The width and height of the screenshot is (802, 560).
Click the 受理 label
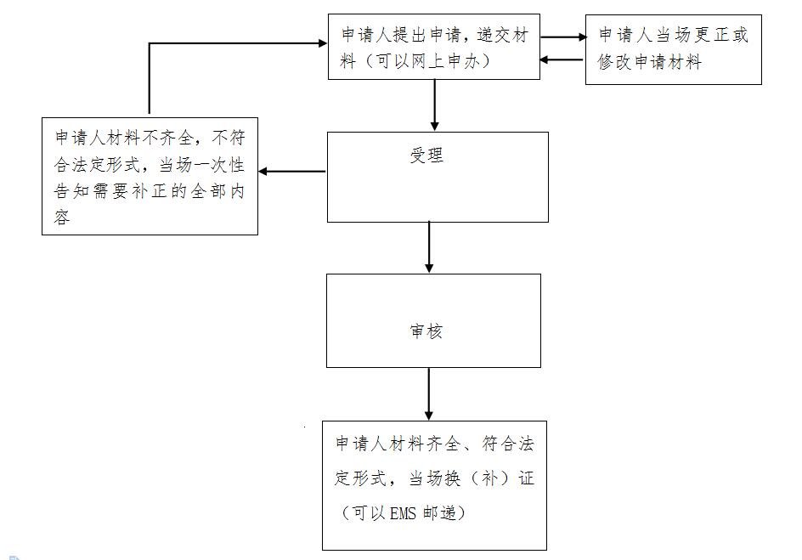tap(426, 155)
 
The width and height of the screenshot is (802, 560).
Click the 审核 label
tap(426, 331)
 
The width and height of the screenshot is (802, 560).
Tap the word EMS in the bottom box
tap(403, 513)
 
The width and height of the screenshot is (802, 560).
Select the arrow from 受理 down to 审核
tap(429, 247)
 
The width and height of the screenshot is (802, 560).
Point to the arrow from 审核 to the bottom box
tap(429, 393)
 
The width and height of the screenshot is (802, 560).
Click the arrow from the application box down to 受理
tap(435, 105)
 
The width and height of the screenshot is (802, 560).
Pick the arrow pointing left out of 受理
tap(292, 172)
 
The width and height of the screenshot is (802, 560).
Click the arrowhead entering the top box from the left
tap(323, 43)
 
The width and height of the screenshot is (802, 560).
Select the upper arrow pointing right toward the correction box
tap(563, 37)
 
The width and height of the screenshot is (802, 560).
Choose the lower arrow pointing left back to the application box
tap(562, 59)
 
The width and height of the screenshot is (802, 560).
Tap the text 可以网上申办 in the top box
tap(427, 61)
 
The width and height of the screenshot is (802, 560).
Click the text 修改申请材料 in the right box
tap(650, 62)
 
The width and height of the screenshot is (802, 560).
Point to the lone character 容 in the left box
tap(62, 217)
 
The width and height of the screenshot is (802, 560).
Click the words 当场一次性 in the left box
tap(202, 165)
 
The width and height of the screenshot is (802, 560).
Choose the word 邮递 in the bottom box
tap(439, 513)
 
